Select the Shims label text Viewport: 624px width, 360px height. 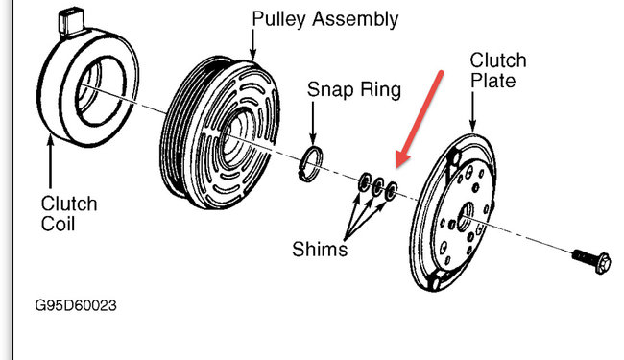point(320,250)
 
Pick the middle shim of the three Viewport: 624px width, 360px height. point(379,186)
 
